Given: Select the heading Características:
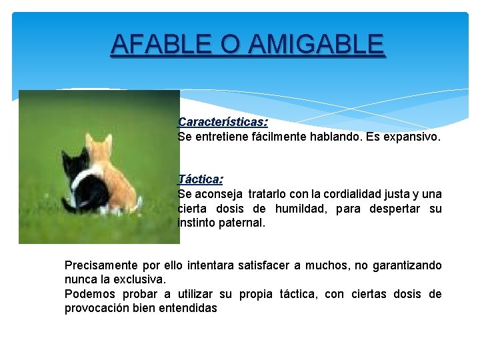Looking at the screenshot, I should [x=223, y=123].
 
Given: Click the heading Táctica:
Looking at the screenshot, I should [x=200, y=179].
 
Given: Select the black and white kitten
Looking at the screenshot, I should [x=83, y=183].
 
